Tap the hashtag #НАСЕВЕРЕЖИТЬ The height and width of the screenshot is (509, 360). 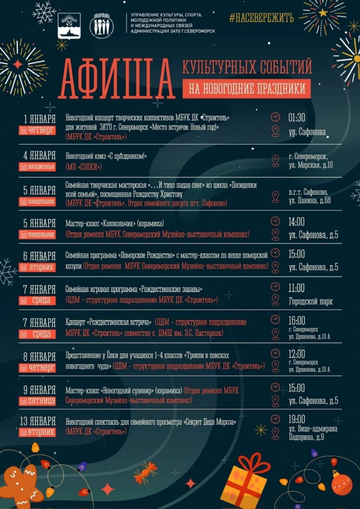(x=261, y=18)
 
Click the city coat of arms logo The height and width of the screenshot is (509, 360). (x=69, y=25)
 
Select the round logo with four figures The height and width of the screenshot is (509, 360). (x=101, y=25)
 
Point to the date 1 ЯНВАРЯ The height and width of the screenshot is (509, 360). (x=40, y=118)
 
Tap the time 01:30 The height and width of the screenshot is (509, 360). (x=297, y=117)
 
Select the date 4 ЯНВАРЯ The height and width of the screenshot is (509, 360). (x=40, y=155)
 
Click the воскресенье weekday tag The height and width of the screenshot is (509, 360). (x=37, y=166)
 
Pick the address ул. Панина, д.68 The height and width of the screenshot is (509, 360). (x=309, y=200)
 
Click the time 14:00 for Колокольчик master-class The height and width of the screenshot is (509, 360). (x=297, y=221)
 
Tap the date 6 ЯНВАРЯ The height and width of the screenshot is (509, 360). (x=40, y=256)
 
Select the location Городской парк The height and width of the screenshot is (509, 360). (x=311, y=301)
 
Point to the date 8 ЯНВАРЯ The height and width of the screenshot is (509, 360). (x=40, y=357)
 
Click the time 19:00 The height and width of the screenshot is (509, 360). (x=297, y=419)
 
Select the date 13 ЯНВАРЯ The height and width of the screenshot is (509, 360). (x=40, y=420)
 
